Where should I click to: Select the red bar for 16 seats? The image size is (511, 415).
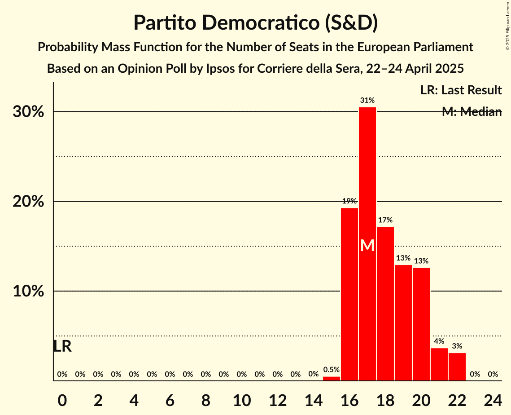349,294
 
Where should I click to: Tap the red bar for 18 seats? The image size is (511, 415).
385,304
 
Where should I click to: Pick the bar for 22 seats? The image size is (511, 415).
457,367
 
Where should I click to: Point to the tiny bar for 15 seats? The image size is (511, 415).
331,379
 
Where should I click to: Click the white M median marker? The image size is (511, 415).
367,245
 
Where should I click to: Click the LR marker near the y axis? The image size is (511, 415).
62,346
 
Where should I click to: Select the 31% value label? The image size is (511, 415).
367,100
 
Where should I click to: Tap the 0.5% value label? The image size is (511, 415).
331,370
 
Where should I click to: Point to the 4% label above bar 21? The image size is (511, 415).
439,341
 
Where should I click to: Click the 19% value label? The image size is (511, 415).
349,201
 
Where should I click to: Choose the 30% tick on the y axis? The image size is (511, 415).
28,112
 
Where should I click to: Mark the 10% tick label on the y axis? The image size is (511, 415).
28,291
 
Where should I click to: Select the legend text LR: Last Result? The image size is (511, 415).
461,90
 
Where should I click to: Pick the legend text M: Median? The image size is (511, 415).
472,112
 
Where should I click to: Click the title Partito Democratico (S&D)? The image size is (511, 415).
255,22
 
